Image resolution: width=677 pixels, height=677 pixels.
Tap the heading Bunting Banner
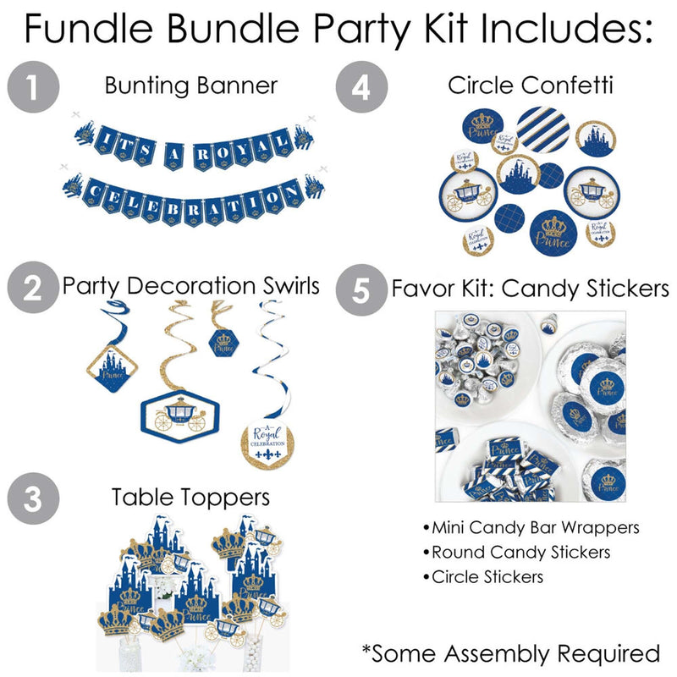click(191, 85)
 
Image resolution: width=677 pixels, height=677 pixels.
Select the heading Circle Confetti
click(531, 85)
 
